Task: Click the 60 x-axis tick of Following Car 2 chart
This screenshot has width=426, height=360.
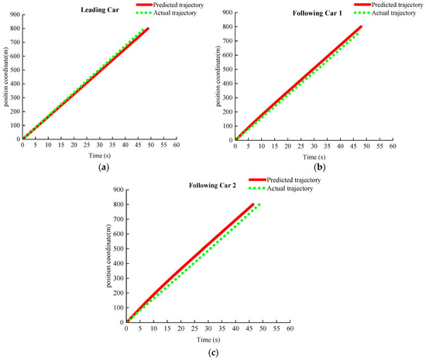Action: click(290, 329)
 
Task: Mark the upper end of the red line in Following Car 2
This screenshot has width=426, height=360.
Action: click(253, 204)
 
